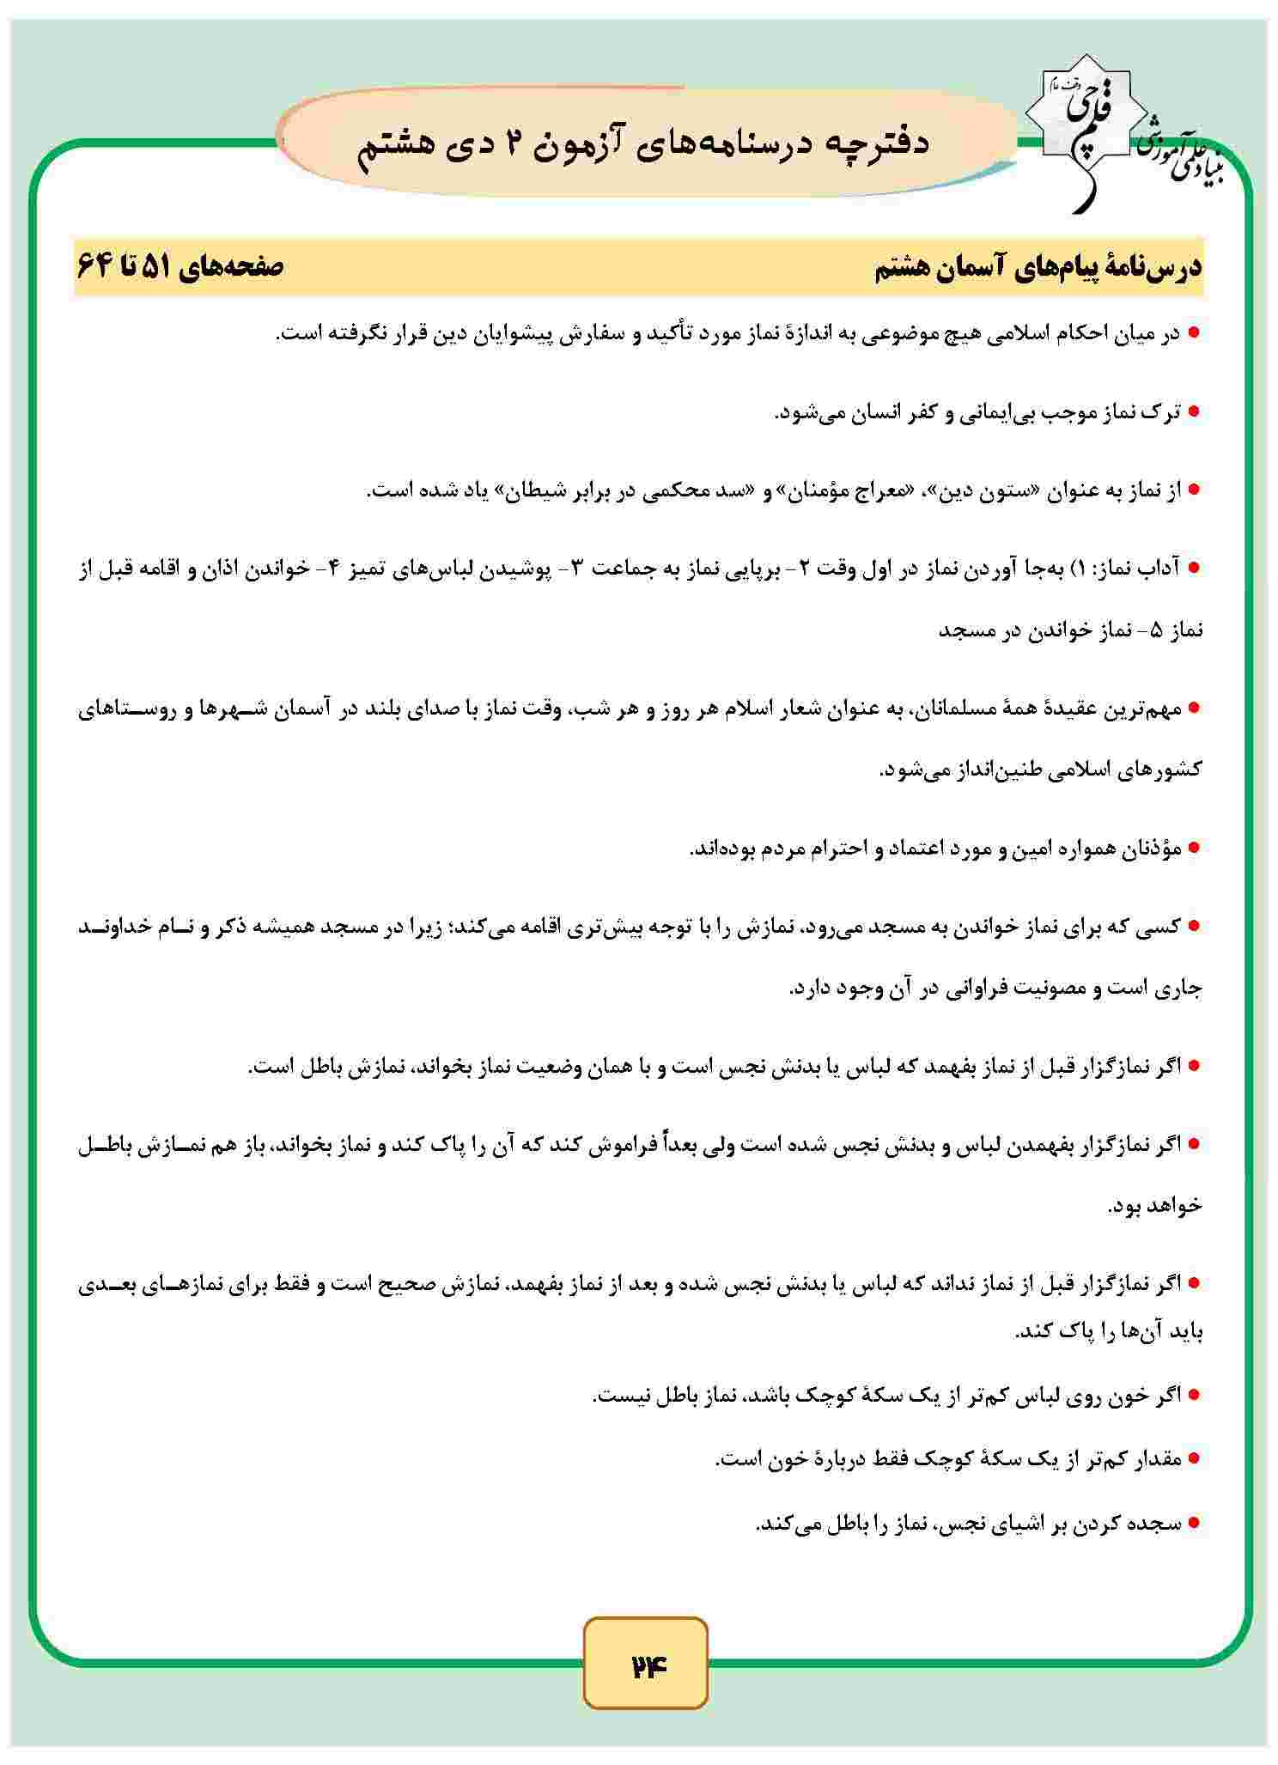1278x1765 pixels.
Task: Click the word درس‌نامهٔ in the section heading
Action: pos(1159,268)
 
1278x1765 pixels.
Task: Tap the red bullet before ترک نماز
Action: pos(1193,413)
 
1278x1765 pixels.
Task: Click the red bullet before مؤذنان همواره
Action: pos(1193,848)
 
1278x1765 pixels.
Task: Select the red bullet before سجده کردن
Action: pos(1193,1525)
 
